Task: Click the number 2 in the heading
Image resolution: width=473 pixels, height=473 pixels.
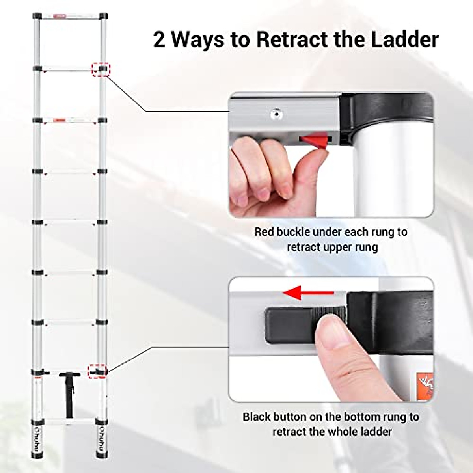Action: (x=159, y=40)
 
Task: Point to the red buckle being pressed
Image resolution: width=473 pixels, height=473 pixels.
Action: (x=315, y=140)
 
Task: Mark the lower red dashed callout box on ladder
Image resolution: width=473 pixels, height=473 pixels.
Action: (x=98, y=371)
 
